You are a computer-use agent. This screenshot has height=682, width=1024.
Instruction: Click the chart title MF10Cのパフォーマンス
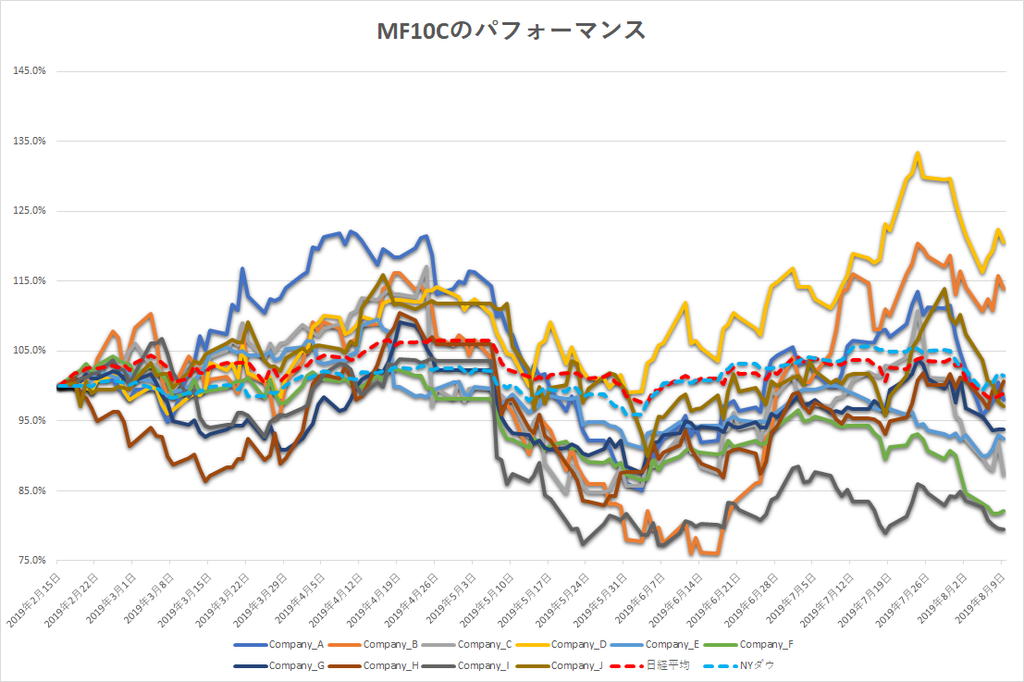click(511, 31)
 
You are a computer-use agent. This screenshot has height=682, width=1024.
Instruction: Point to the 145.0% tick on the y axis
click(31, 71)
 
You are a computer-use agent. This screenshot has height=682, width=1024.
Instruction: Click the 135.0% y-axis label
click(31, 142)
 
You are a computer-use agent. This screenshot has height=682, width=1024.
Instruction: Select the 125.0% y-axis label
click(31, 211)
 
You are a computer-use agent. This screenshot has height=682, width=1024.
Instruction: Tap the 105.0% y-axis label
click(31, 351)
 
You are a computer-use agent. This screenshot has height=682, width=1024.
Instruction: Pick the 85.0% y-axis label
click(31, 490)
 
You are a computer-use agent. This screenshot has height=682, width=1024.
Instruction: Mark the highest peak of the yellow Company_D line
click(918, 154)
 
